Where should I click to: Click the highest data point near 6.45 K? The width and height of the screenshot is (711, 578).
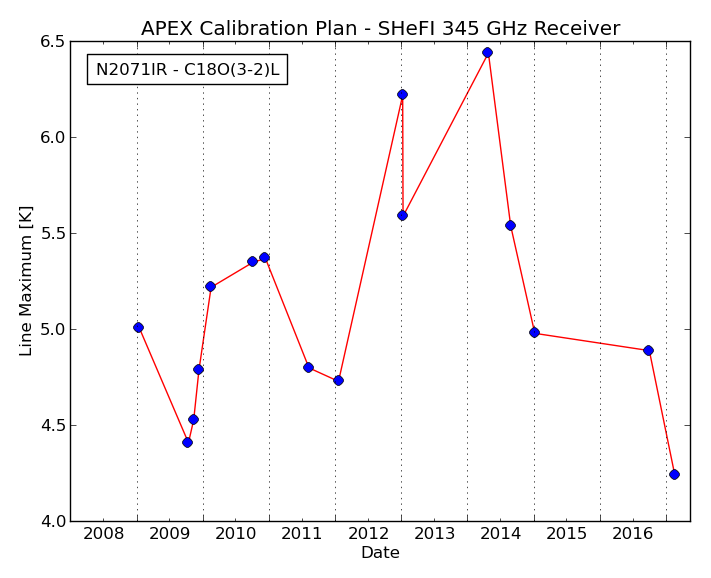[487, 53]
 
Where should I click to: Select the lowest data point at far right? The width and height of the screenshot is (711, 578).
[674, 475]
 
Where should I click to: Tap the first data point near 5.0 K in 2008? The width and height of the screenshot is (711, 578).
[138, 328]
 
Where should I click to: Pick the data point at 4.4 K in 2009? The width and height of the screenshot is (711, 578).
[187, 442]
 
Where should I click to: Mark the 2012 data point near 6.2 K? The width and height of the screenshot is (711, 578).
[402, 95]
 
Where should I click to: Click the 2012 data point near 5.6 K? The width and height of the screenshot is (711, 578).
[402, 216]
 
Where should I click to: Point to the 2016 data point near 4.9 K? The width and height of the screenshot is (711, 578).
[648, 350]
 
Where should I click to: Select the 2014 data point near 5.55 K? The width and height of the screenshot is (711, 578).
[510, 226]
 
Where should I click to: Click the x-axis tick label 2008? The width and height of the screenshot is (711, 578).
[103, 534]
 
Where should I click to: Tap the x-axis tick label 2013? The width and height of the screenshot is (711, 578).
[434, 534]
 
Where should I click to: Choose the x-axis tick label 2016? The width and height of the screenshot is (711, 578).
[633, 534]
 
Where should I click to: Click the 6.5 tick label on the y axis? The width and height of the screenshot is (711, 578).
[53, 41]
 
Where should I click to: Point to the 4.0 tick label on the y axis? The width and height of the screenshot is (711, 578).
[53, 521]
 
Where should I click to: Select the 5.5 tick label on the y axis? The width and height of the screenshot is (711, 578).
[53, 233]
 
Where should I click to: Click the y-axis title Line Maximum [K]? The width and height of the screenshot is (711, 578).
[25, 281]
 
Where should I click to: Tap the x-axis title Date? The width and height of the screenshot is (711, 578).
[380, 553]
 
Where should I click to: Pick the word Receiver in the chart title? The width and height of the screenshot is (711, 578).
[576, 29]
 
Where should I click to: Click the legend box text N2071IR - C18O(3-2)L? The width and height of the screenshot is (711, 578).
[187, 69]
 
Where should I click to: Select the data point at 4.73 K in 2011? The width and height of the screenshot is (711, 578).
[338, 381]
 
